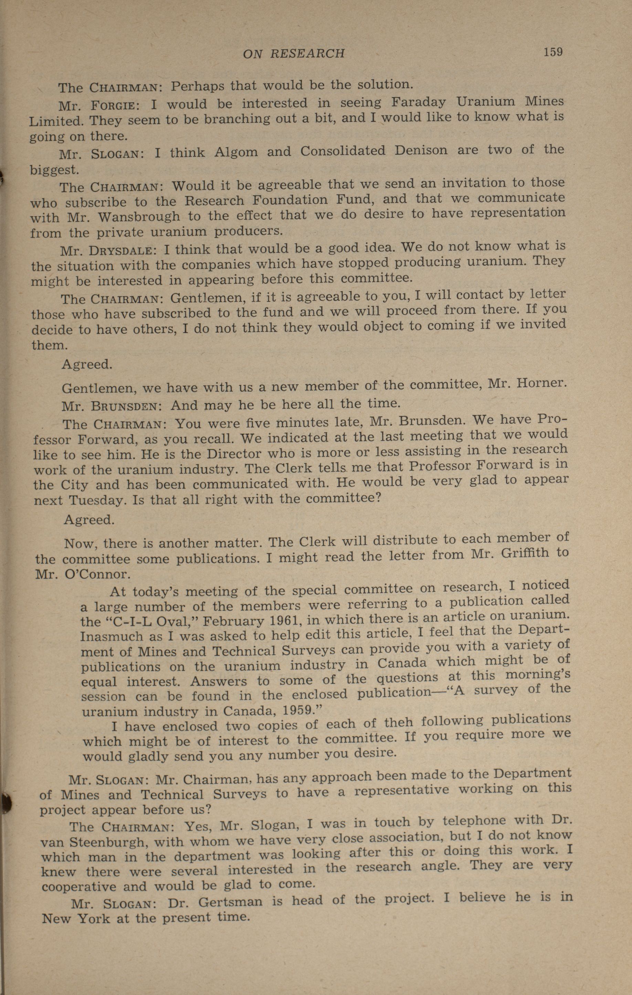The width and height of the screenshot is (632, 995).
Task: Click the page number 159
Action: click(x=553, y=52)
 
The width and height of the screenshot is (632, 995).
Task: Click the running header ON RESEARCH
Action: click(x=294, y=53)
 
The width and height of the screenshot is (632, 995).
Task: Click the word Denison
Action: click(x=420, y=150)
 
